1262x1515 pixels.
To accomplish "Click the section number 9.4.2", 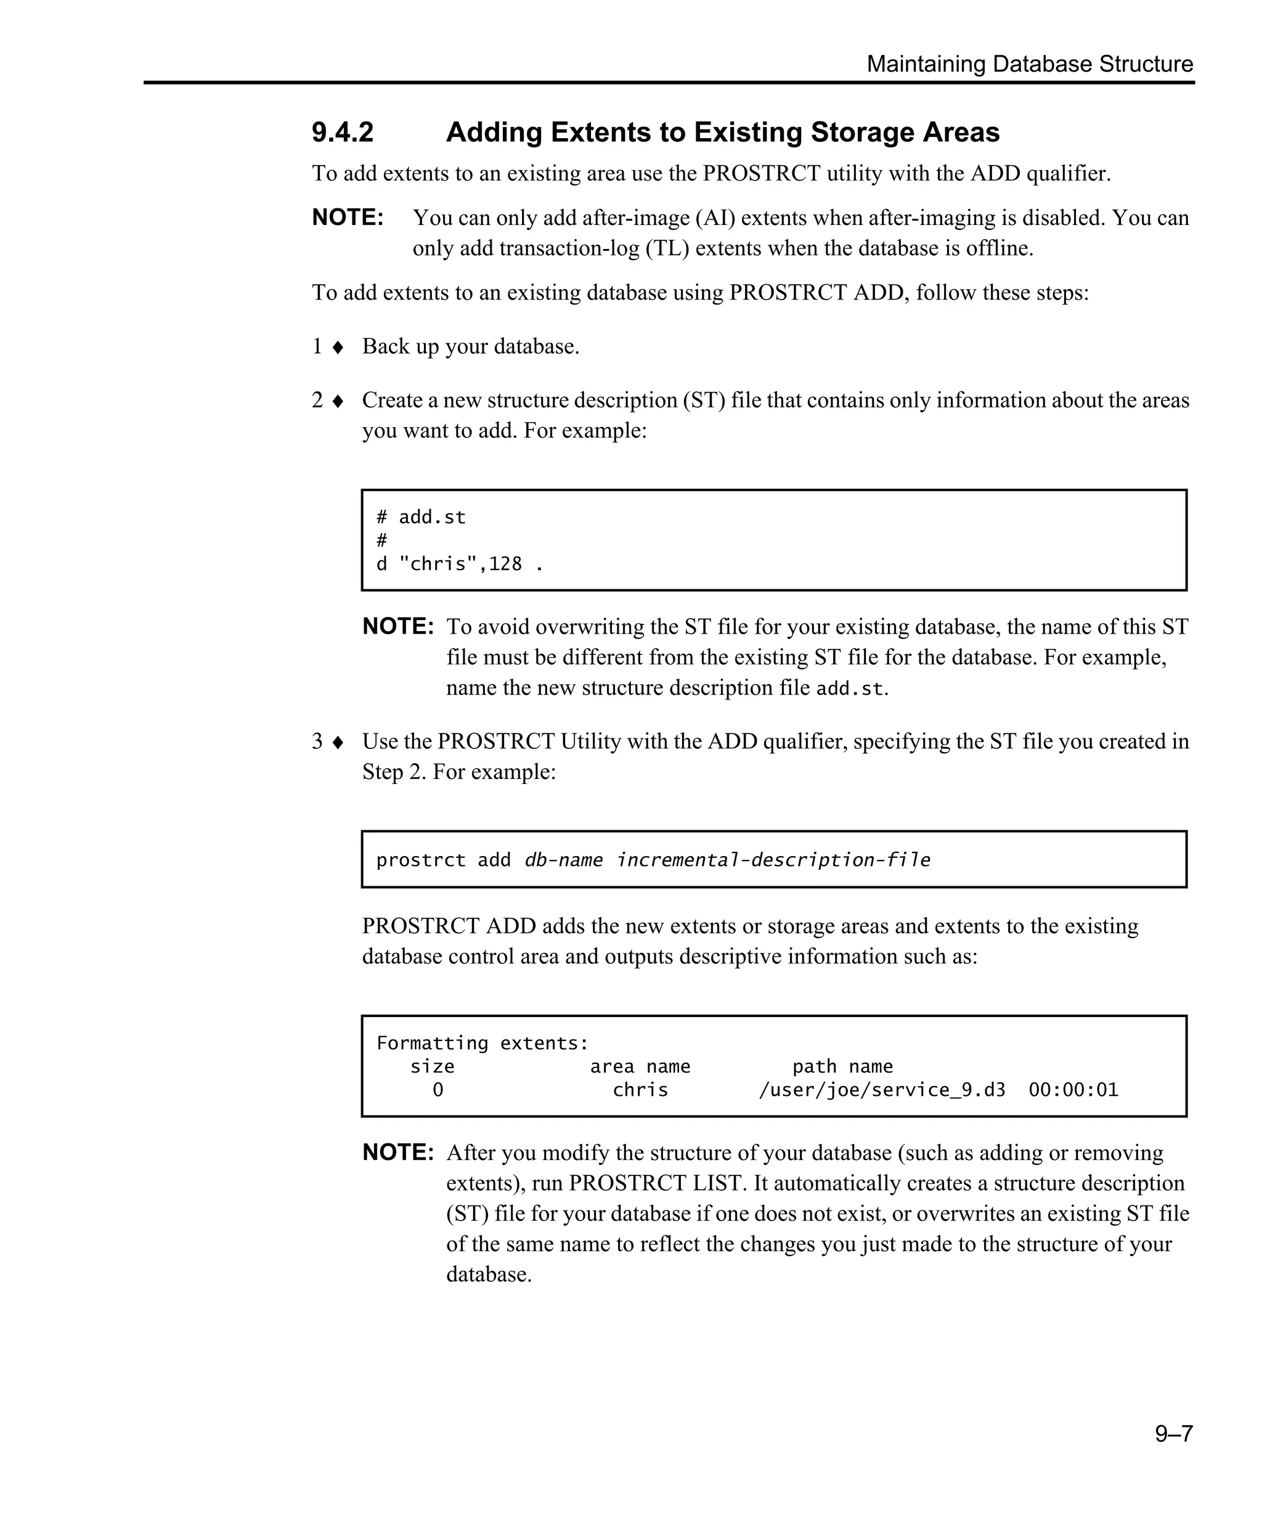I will pyautogui.click(x=343, y=133).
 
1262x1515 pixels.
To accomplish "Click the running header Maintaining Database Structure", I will pyautogui.click(x=1029, y=64).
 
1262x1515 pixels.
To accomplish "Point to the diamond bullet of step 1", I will pyautogui.click(x=338, y=348).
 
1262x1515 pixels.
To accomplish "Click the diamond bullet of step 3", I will pyautogui.click(x=338, y=742).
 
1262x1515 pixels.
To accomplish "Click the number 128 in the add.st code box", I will pyautogui.click(x=505, y=564).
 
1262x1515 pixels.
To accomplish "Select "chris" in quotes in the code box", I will pyautogui.click(x=438, y=564).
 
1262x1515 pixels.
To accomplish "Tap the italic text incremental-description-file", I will pyautogui.click(x=773, y=860).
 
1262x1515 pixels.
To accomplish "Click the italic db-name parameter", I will pyautogui.click(x=563, y=860).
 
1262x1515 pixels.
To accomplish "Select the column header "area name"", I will pyautogui.click(x=640, y=1066).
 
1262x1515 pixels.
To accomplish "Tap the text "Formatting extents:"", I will pyautogui.click(x=482, y=1043).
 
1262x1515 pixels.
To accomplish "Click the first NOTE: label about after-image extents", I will pyautogui.click(x=348, y=218).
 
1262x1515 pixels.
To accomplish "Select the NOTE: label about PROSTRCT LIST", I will pyautogui.click(x=398, y=1152).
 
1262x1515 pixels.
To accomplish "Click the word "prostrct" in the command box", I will pyautogui.click(x=420, y=860).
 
